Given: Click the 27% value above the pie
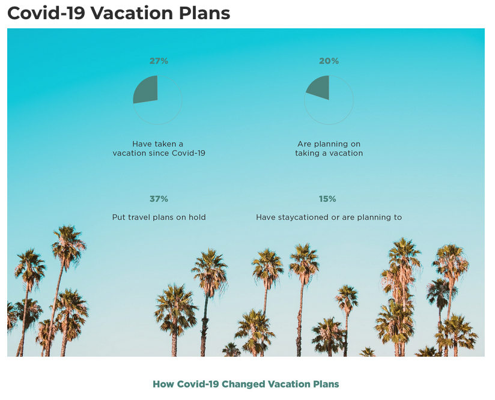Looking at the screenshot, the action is click(x=159, y=61).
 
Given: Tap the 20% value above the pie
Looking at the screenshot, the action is click(x=329, y=61).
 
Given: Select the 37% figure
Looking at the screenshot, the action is click(x=159, y=199).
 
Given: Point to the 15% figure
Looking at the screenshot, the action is click(x=327, y=199).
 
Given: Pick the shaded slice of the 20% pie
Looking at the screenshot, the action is click(x=320, y=87).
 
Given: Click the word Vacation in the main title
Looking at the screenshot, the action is click(x=132, y=13).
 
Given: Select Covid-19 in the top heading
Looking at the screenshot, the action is click(x=46, y=13).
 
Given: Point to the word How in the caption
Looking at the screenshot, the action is click(x=163, y=384).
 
